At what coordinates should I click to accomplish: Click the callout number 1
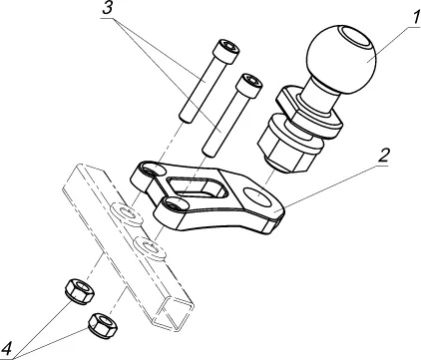(415, 18)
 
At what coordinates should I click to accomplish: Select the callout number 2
(383, 156)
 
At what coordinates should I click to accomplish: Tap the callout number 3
(108, 8)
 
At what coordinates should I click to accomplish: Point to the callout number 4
(7, 350)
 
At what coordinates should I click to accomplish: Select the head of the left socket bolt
(227, 51)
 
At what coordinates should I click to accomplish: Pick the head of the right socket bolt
(248, 86)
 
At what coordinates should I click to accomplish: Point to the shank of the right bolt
(222, 124)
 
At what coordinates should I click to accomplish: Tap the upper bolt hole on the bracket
(154, 171)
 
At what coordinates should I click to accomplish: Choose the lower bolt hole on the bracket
(173, 204)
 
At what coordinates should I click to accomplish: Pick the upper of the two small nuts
(80, 291)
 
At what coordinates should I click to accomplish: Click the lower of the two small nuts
(103, 324)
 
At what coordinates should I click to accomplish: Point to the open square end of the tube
(176, 313)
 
